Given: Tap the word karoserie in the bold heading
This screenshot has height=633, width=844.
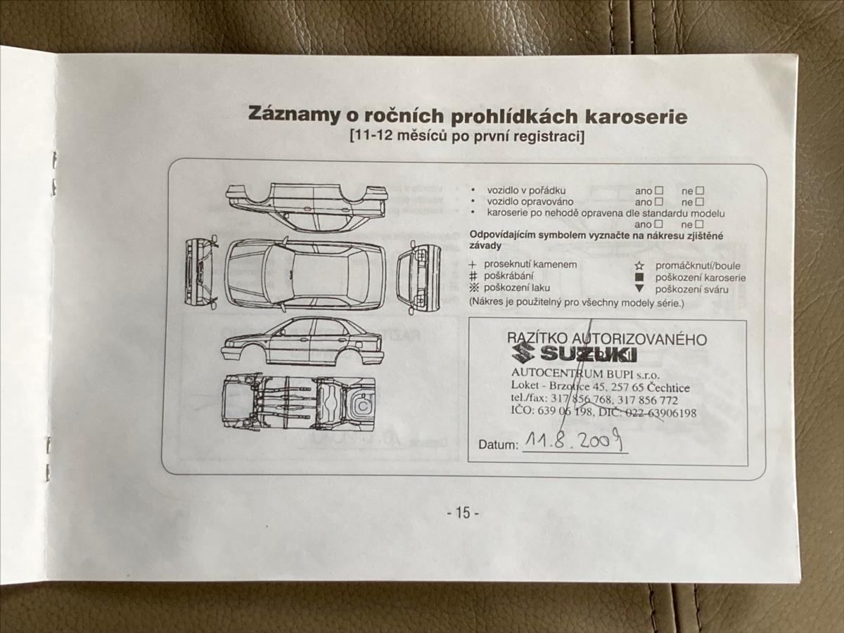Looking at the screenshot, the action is click(636, 117).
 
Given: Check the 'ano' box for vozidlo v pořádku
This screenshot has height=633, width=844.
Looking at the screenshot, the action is click(659, 191).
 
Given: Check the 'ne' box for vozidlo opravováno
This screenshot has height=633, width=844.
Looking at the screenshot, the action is click(699, 202).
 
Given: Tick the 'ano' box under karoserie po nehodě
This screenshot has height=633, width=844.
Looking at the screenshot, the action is click(659, 224).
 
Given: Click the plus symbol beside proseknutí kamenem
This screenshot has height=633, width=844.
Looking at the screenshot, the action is click(473, 265).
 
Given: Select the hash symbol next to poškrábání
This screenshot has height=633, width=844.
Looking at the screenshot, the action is click(473, 276).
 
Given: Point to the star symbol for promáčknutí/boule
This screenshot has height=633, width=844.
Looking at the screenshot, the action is click(639, 266).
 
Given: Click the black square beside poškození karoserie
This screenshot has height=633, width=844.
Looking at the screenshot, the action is click(639, 277).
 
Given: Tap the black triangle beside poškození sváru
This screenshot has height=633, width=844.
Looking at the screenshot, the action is click(639, 288).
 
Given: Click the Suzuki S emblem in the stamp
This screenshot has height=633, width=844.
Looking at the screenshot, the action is click(523, 352).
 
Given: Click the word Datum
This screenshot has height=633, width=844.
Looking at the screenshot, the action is click(498, 445).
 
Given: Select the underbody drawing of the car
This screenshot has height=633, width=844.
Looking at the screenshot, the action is click(298, 402).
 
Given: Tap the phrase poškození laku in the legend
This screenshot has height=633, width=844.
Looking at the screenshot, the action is click(517, 288).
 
